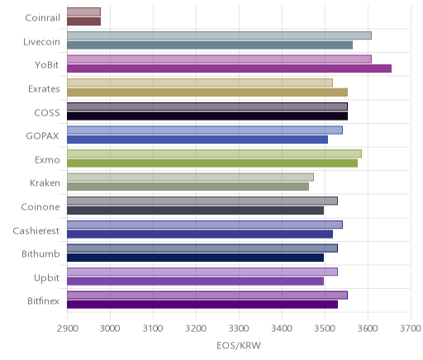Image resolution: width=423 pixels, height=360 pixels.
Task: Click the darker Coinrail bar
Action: click(x=83, y=21)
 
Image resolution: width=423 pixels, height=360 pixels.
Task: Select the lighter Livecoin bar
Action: click(x=219, y=36)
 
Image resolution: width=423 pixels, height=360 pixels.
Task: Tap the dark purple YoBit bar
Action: click(x=229, y=69)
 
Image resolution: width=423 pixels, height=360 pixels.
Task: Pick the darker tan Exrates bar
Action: click(x=207, y=92)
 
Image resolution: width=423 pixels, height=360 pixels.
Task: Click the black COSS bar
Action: click(x=207, y=116)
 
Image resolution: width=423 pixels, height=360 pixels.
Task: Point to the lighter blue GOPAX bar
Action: click(x=205, y=130)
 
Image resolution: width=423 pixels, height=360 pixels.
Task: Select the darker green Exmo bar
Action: click(x=212, y=163)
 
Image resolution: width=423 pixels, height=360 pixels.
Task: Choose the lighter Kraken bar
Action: click(x=190, y=177)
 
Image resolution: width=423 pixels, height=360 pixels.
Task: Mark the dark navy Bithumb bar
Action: click(x=196, y=258)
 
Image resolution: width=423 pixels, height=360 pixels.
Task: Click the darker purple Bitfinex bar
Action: click(x=202, y=305)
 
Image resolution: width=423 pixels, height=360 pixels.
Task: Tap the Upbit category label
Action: click(x=46, y=278)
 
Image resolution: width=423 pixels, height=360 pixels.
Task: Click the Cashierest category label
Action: click(x=36, y=230)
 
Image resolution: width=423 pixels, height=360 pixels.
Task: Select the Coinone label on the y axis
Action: click(x=40, y=206)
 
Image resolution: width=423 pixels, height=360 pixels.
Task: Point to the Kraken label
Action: click(x=45, y=183)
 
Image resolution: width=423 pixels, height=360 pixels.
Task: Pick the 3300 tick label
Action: click(x=239, y=329)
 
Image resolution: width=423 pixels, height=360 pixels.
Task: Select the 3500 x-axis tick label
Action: click(x=325, y=329)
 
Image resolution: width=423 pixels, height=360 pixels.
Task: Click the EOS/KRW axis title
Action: click(x=239, y=345)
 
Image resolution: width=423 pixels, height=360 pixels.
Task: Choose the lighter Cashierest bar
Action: click(x=205, y=225)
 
